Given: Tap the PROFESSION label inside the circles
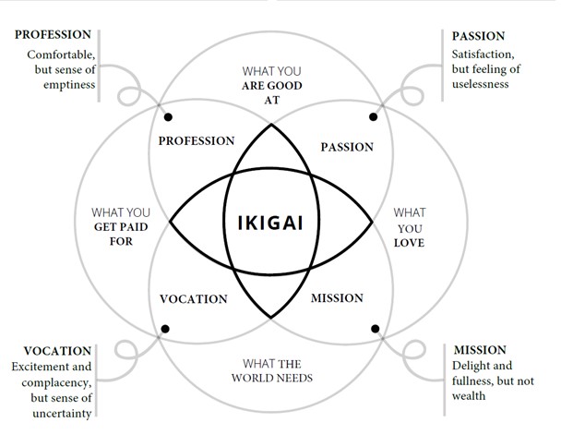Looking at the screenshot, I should tap(197, 141).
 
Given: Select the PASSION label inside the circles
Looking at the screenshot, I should tap(346, 147).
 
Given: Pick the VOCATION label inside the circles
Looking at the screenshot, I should tap(193, 298).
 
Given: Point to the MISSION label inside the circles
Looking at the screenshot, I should tap(337, 298).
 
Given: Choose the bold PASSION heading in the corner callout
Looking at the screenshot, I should tap(478, 36).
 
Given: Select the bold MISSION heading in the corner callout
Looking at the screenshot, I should tap(480, 350).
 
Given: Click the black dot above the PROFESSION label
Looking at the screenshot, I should tap(168, 117).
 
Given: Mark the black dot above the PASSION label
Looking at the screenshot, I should tap(374, 117).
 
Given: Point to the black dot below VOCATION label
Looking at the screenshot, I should tap(166, 329).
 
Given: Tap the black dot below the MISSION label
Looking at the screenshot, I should tap(376, 329).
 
